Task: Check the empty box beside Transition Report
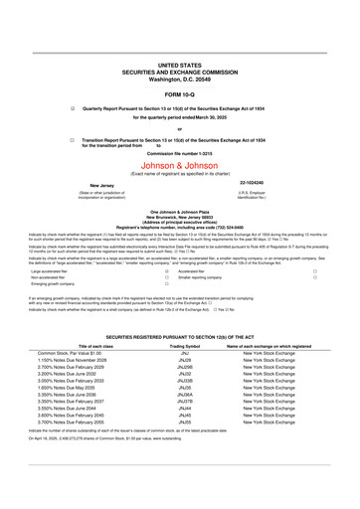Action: [x=73, y=140]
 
